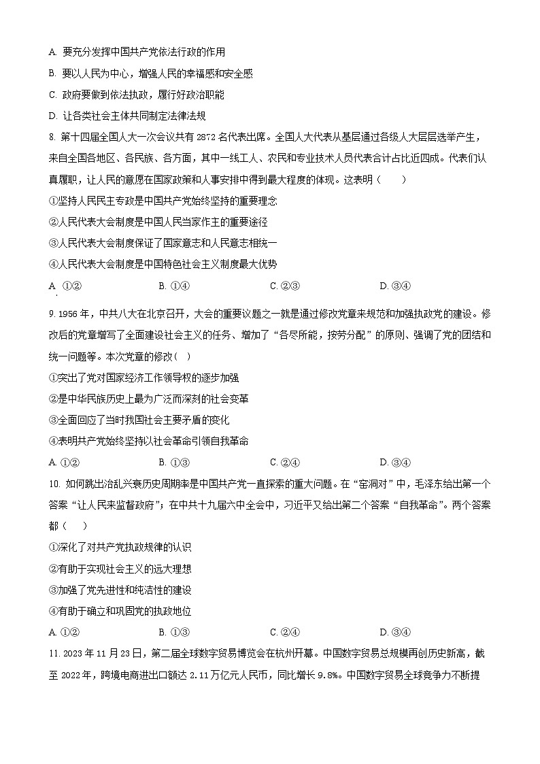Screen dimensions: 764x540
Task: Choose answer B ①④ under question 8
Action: pyautogui.click(x=174, y=286)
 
